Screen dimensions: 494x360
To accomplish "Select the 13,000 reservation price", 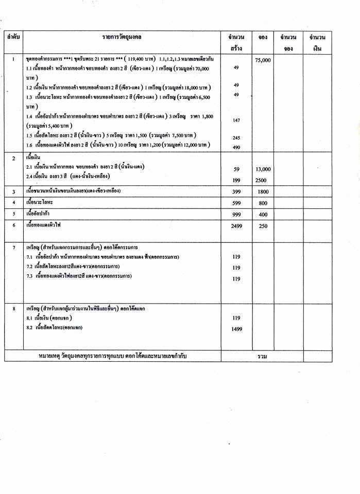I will [263, 169].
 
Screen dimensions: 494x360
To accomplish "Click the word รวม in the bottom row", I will [263, 356].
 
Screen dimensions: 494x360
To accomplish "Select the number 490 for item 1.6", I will [237, 148].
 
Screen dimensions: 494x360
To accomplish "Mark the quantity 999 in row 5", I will [237, 214].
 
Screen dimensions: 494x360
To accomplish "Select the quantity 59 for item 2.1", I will [237, 169].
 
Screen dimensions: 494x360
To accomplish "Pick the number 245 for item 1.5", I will [237, 138].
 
